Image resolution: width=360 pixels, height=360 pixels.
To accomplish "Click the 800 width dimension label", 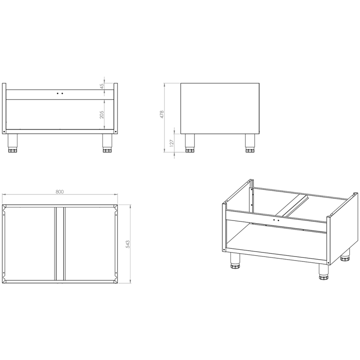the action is tap(59, 192).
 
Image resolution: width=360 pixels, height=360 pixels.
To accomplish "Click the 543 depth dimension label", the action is tap(128, 244).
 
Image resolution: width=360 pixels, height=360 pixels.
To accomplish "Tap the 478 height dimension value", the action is tap(162, 114).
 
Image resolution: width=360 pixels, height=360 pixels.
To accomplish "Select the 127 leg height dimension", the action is tap(171, 143).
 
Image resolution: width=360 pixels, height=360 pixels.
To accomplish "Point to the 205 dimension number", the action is tap(102, 115).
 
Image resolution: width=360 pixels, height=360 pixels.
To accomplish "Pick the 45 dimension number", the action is tap(102, 86).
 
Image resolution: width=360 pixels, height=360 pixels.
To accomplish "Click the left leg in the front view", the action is tap(13, 143).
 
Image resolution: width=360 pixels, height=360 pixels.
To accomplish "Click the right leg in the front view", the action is tap(107, 143).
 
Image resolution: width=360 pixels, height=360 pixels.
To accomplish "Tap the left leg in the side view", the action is tap(190, 143).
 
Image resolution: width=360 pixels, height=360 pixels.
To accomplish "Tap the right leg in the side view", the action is tap(250, 143).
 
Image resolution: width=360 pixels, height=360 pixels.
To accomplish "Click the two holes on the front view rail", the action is tap(60, 94).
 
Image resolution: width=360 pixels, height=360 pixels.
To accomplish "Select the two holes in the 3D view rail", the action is tap(276, 220).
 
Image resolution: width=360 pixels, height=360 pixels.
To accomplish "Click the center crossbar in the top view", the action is tap(60, 243).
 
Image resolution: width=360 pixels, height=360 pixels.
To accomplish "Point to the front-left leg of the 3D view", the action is tap(235, 261).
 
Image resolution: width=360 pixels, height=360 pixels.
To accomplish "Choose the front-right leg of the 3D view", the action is tap(324, 272).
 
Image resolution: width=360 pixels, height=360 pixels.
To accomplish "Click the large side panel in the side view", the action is tap(220, 108).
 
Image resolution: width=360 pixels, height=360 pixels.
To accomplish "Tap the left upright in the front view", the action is tap(4, 108).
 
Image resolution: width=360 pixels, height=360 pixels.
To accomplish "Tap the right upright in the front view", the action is tap(116, 108).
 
